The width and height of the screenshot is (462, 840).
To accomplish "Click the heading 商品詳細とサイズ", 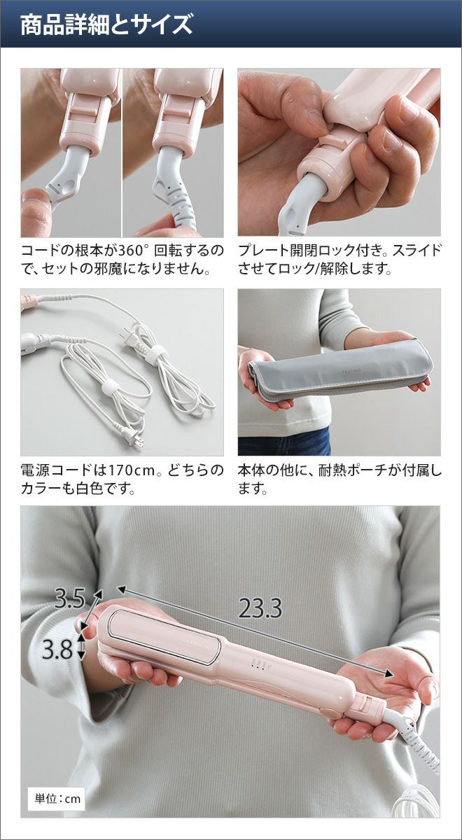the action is tap(106, 25).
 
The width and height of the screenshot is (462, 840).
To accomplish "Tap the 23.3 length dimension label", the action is tap(260, 608).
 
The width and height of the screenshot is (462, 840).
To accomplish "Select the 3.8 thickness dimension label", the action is tap(57, 650).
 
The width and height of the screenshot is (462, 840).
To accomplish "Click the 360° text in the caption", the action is tap(132, 250).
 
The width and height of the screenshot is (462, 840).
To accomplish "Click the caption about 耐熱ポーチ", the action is tap(339, 479).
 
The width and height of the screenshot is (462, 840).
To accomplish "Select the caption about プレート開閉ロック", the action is tap(339, 259).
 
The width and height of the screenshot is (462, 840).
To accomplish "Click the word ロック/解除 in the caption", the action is tap(309, 267).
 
